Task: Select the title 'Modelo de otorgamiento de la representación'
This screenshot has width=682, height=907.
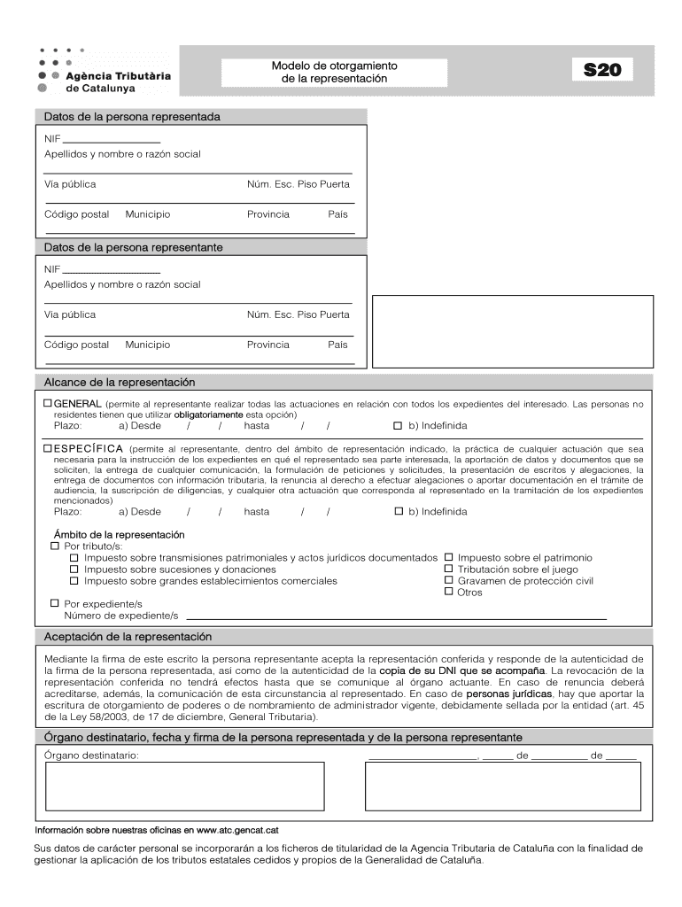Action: coord(334,73)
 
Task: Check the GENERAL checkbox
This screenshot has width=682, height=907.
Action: coord(49,404)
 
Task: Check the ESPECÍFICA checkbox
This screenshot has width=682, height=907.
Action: coord(49,449)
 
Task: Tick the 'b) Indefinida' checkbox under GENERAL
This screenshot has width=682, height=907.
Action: coord(398,426)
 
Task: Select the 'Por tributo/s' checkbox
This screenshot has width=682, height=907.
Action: coord(55,547)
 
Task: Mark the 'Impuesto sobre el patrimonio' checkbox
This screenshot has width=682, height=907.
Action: coord(449,558)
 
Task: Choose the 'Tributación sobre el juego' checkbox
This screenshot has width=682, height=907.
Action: coord(449,570)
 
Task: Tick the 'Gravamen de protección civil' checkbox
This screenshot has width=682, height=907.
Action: coord(449,581)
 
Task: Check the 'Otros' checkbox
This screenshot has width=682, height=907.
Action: coord(449,592)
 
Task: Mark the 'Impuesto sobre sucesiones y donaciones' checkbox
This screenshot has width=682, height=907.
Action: coord(74,570)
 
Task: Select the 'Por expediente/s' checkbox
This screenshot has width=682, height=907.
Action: coord(55,603)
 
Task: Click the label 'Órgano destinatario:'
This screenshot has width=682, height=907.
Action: coord(91,756)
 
